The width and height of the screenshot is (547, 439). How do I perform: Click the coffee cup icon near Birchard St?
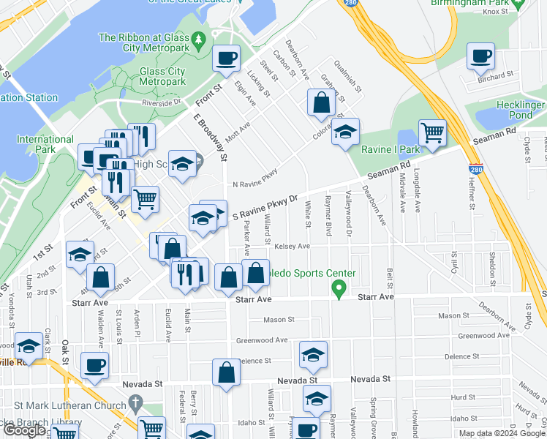480,56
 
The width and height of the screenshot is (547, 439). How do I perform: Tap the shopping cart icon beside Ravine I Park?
432,133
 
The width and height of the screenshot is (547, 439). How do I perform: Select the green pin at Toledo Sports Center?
339,290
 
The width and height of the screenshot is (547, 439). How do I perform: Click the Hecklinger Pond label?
520,110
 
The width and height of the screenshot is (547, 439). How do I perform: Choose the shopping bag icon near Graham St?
320,103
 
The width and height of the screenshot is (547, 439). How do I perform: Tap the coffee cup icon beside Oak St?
94,365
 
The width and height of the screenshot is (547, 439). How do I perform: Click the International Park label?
45,144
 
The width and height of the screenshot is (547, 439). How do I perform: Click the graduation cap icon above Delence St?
313,355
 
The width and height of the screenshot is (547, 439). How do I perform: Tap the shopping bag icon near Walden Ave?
100,277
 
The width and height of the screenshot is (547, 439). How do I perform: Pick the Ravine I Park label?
391,149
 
